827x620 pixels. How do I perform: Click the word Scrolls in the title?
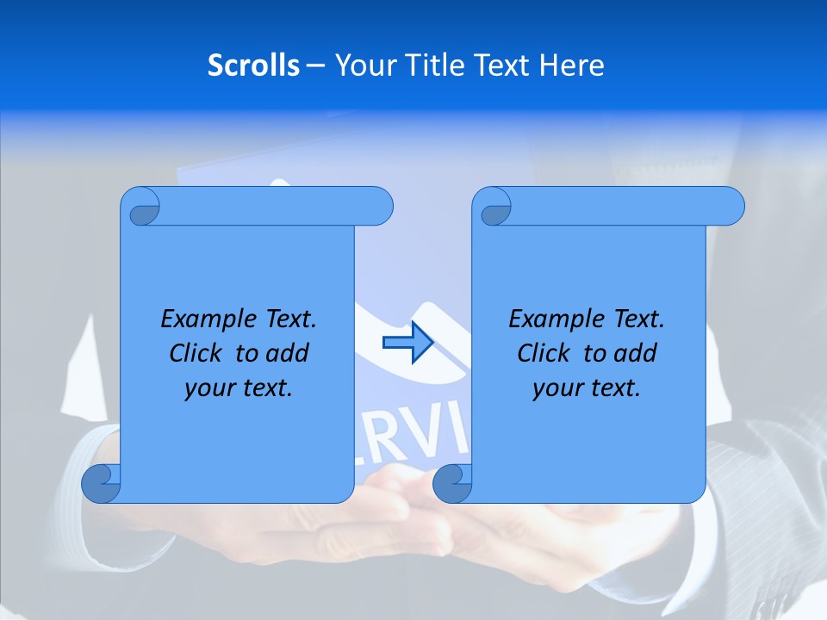254,65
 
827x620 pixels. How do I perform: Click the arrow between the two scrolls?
407,343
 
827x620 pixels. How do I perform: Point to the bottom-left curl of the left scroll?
101,483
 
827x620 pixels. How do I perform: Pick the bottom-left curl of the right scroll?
452,483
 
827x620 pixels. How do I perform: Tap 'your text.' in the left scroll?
239,388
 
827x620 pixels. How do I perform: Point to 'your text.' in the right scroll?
587,388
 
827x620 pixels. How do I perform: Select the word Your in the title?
363,65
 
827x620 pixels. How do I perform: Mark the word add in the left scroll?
287,354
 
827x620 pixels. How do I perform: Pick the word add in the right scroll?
635,354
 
